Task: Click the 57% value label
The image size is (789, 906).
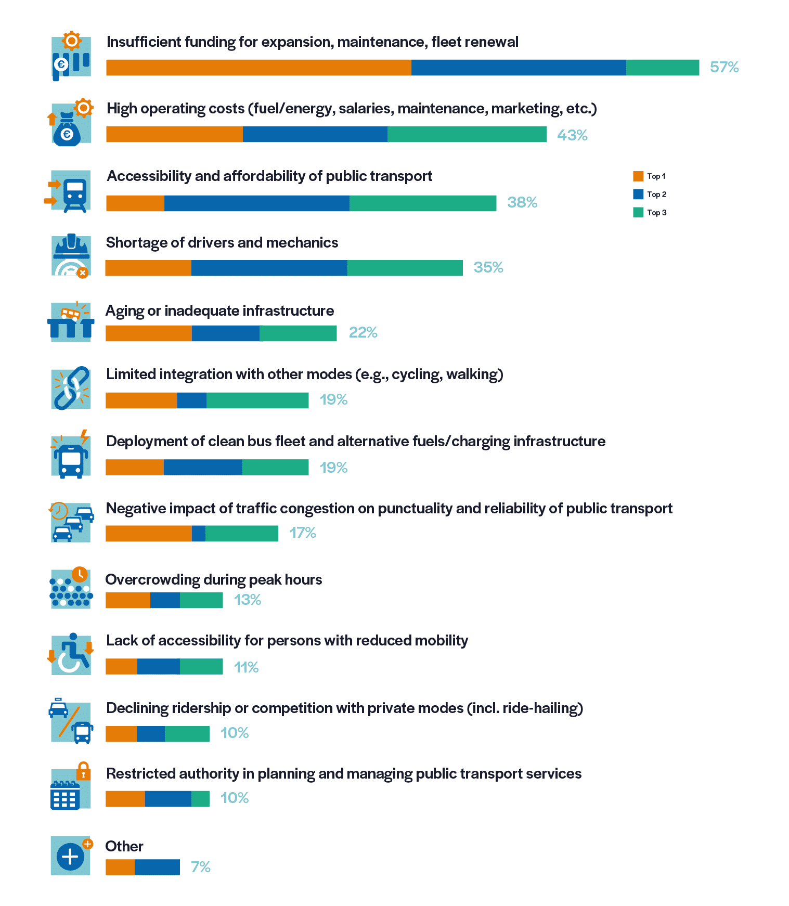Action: point(724,67)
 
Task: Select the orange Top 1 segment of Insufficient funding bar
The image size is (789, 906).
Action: point(258,68)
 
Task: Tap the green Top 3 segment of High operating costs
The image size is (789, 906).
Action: point(467,134)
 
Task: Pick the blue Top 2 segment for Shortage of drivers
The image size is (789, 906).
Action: point(269,268)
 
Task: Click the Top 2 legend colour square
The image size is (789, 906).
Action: point(638,194)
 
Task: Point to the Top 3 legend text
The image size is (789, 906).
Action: point(656,212)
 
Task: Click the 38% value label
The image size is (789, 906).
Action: point(522,202)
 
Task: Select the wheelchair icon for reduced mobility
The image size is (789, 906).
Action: point(71,654)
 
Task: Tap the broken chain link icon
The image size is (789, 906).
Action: point(71,388)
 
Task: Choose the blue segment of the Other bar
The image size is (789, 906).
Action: point(157,867)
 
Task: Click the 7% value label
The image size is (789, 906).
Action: point(200,867)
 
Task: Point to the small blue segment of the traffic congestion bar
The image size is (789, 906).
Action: point(199,534)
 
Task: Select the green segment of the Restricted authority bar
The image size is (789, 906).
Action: point(200,799)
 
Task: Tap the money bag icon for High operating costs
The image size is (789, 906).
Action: point(67,130)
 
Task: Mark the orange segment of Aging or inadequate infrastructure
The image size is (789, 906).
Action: point(148,333)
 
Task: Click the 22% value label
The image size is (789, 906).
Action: point(363,332)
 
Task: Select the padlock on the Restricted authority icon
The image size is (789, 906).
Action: point(83,771)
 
